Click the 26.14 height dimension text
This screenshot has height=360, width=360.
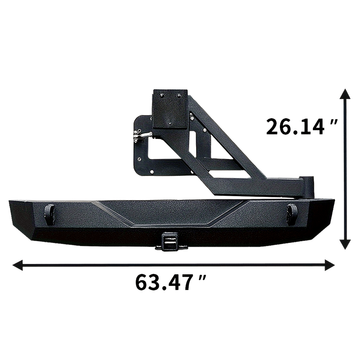click(295, 127)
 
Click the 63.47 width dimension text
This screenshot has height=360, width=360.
click(164, 282)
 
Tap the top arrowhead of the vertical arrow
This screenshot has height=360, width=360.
click(345, 94)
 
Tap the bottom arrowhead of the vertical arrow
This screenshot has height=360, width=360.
click(345, 244)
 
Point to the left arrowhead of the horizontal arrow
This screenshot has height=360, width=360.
click(18, 265)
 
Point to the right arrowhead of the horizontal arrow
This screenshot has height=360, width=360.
click(329, 265)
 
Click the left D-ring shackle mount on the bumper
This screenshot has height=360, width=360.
click(49, 214)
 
